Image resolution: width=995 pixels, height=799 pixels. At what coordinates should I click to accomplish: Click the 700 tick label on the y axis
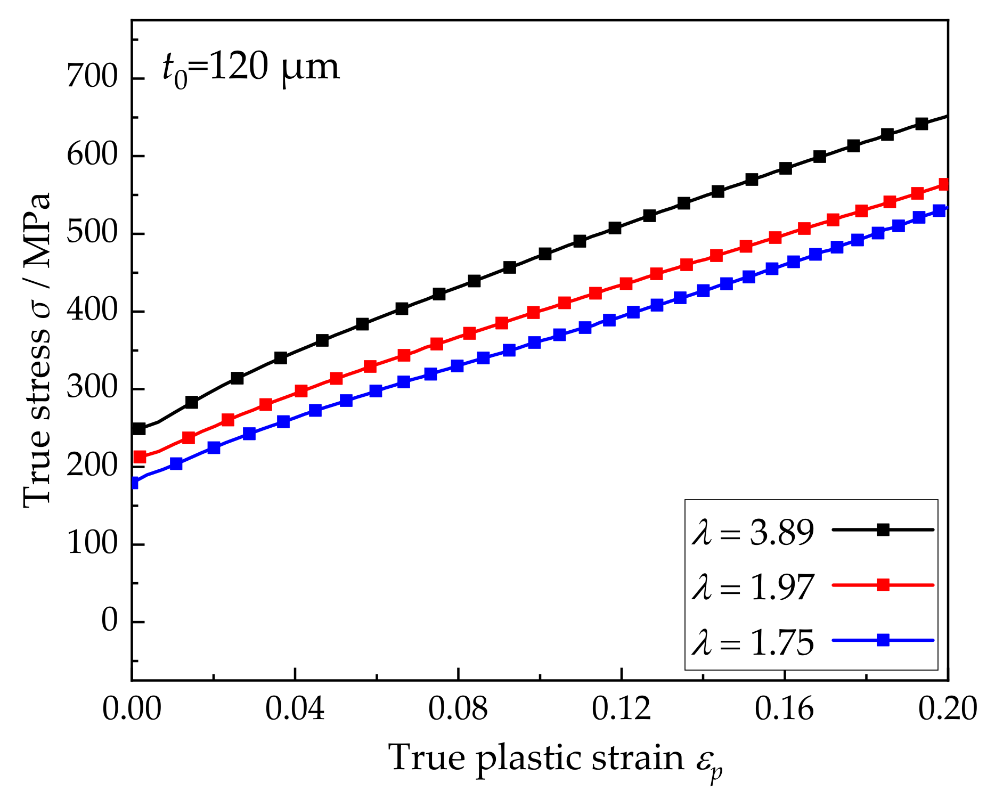pyautogui.click(x=92, y=78)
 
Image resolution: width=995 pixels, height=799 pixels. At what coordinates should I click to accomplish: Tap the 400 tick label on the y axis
pyautogui.click(x=92, y=311)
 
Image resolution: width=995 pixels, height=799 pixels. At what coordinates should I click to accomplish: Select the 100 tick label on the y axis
pyautogui.click(x=92, y=544)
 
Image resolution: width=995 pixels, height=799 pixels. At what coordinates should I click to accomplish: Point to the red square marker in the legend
pyautogui.click(x=883, y=585)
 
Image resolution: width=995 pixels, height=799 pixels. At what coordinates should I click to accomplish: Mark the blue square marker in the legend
pyautogui.click(x=883, y=640)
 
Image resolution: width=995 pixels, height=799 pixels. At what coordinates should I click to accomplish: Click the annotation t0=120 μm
pyautogui.click(x=250, y=69)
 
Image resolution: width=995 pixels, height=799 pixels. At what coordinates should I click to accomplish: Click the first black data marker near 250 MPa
pyautogui.click(x=139, y=428)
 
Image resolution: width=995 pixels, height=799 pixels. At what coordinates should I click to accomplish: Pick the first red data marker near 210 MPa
pyautogui.click(x=140, y=456)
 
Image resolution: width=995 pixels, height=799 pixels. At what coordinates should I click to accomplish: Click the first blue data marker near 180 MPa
pyautogui.click(x=133, y=483)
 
